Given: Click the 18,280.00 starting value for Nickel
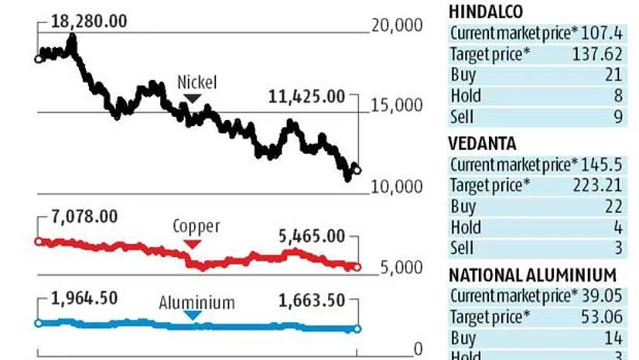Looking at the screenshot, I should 89,22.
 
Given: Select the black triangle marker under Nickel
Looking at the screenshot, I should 193,98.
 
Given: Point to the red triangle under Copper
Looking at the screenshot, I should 193,244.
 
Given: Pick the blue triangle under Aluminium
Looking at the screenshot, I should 193,315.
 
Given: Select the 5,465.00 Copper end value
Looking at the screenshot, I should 311,236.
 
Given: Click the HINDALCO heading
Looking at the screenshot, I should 485,11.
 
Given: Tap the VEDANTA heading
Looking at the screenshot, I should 482,143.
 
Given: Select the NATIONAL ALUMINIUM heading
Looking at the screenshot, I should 532,275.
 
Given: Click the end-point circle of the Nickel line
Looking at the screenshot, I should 356,170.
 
